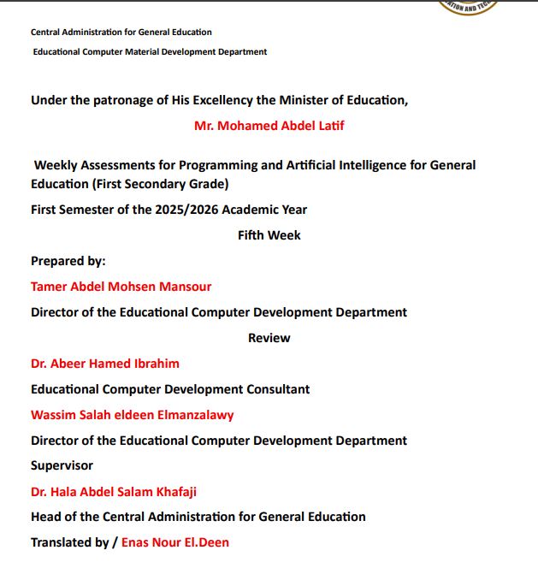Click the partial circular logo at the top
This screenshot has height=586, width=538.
466,6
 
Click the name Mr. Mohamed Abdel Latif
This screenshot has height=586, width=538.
269,126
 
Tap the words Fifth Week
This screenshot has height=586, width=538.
269,235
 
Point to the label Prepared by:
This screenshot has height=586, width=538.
68,261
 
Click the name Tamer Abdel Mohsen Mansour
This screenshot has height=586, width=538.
121,287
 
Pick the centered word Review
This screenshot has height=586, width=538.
269,338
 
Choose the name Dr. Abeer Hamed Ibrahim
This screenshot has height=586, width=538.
105,364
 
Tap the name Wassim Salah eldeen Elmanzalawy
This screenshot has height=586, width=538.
132,415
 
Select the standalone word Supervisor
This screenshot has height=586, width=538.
62,465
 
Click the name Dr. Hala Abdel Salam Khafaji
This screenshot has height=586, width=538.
114,492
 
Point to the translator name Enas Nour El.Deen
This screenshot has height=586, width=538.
175,542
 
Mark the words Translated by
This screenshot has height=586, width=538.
70,542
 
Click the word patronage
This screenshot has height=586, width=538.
117,100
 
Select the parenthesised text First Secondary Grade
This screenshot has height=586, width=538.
168,184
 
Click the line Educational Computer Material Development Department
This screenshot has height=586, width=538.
150,52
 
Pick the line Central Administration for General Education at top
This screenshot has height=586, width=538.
121,33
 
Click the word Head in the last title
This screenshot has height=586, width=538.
46,517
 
